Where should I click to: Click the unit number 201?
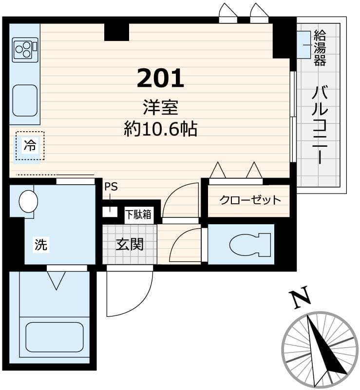pos(160,78)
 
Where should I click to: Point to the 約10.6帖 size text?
pos(160,129)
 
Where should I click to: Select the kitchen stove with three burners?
pos(25,48)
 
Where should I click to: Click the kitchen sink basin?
pos(25,100)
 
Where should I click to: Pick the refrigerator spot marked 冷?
pos(30,145)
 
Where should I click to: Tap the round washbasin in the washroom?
pos(28,201)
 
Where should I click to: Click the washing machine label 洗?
pos(41,245)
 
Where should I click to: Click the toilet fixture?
pos(248,244)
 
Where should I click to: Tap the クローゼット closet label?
pos(250,200)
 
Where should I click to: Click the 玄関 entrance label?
pos(129,244)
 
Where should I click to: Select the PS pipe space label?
pos(111,187)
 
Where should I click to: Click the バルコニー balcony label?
pos(320,124)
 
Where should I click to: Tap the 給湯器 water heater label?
pos(320,48)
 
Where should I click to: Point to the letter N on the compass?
pos(299,299)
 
